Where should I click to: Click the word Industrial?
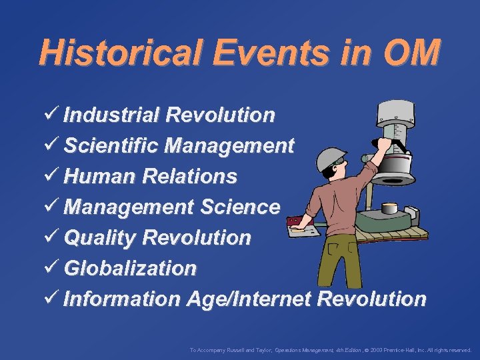click(111, 115)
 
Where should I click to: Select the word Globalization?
click(130, 268)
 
